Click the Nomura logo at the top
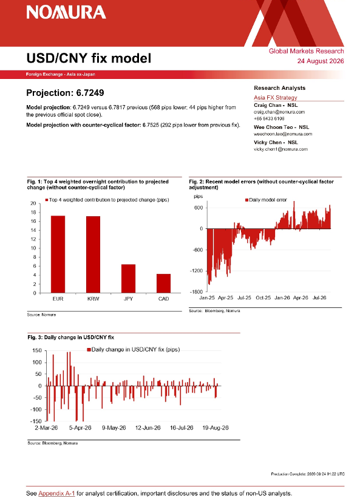66,13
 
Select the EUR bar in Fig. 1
58,254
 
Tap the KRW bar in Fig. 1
93,254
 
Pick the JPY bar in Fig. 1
128,279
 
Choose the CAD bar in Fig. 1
163,284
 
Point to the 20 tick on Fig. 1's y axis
33,203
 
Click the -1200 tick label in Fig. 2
196,271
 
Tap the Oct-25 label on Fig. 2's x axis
263,298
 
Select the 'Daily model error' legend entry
266,200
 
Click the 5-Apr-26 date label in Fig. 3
80,428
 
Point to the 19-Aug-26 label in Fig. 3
216,428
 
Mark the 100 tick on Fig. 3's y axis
38,363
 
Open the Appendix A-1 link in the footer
56,493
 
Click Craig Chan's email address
279,112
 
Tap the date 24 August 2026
321,61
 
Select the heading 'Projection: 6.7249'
65,93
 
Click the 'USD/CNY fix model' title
89,58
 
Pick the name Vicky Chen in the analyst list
268,143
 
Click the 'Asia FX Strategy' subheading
276,97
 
